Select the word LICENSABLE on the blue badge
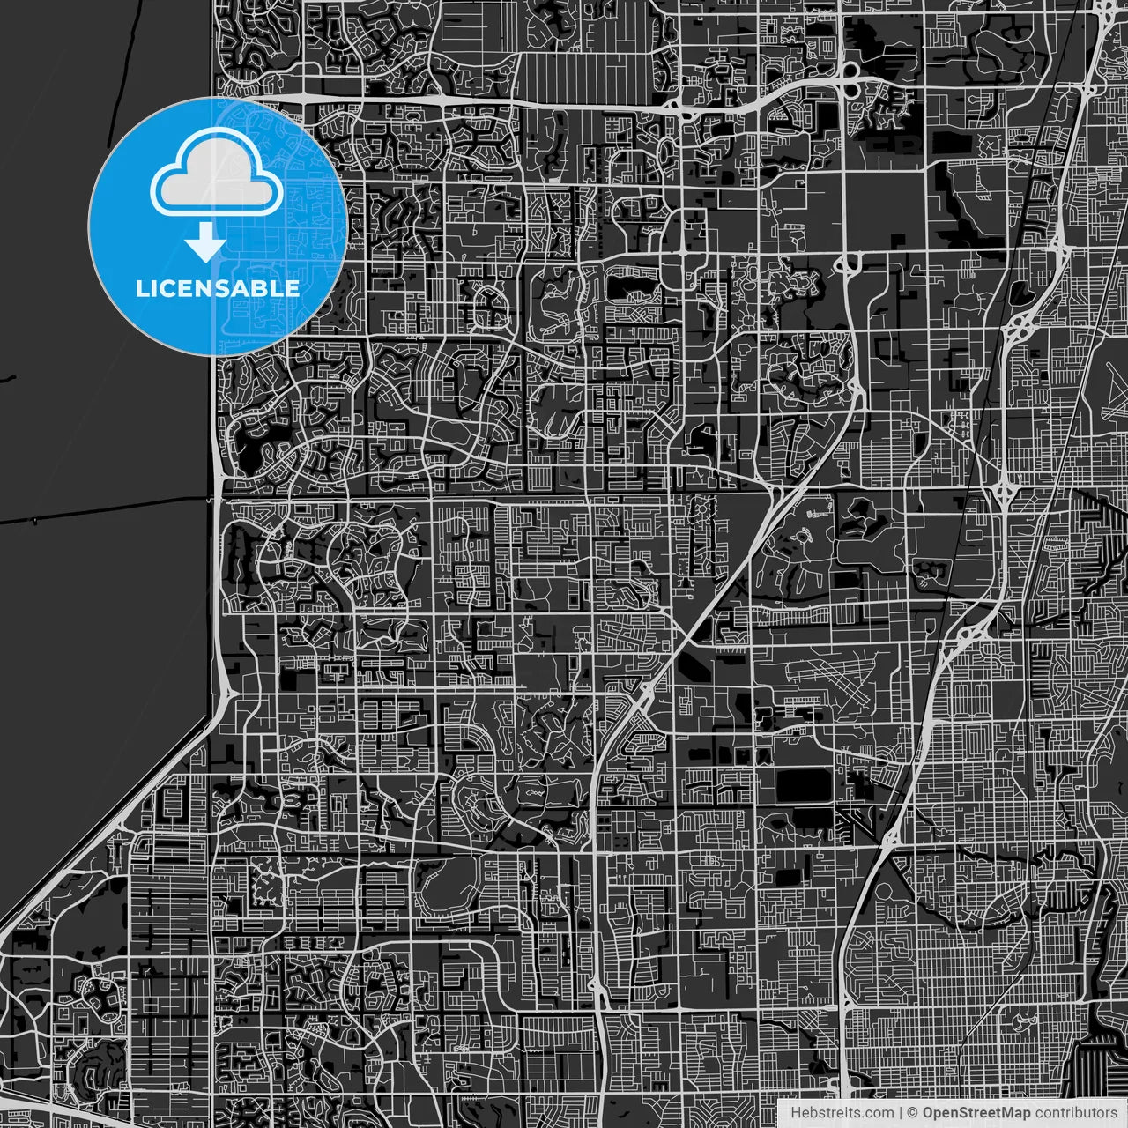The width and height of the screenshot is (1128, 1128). tap(217, 288)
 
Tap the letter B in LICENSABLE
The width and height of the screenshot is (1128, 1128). tap(264, 288)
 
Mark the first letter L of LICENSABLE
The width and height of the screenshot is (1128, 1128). tap(142, 288)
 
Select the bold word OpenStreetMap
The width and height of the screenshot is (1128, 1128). tap(976, 1113)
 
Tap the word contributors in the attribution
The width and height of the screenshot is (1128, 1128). tap(1075, 1113)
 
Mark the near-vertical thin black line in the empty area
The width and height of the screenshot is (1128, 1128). tap(120, 53)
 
